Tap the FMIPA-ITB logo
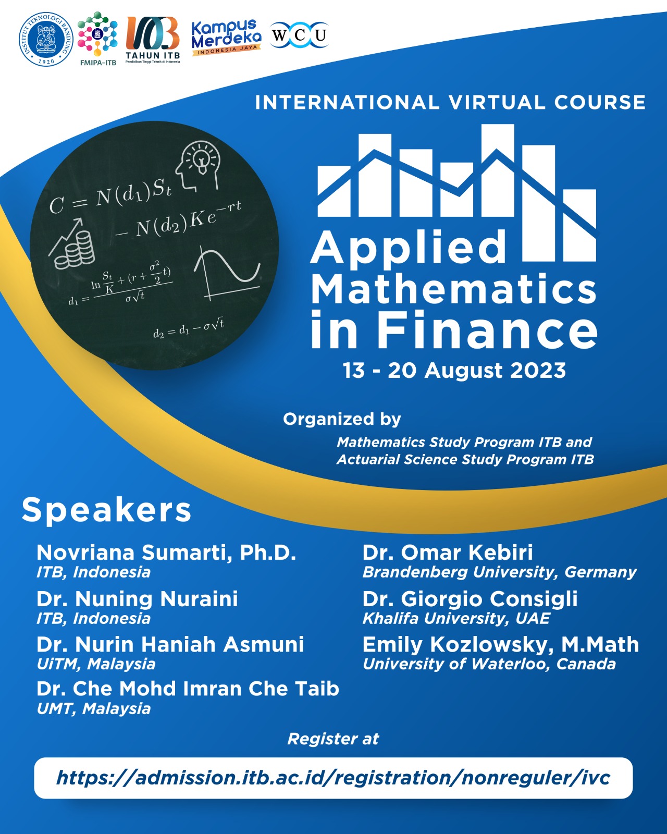pyautogui.click(x=97, y=38)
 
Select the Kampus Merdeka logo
pyautogui.click(x=226, y=38)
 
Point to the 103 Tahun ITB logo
pyautogui.click(x=153, y=39)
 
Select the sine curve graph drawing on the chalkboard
pyautogui.click(x=227, y=274)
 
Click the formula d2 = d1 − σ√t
pyautogui.click(x=188, y=328)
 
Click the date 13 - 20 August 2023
pyautogui.click(x=454, y=371)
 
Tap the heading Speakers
pyautogui.click(x=106, y=509)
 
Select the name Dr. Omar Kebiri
pyautogui.click(x=448, y=553)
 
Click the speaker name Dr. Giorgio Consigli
pyautogui.click(x=470, y=599)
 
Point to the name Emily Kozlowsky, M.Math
pyautogui.click(x=500, y=645)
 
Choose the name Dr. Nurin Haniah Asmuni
pyautogui.click(x=170, y=645)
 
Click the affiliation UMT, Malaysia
pyautogui.click(x=94, y=709)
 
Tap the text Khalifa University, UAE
pyautogui.click(x=456, y=619)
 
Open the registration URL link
pyautogui.click(x=333, y=778)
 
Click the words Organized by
pyautogui.click(x=342, y=419)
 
